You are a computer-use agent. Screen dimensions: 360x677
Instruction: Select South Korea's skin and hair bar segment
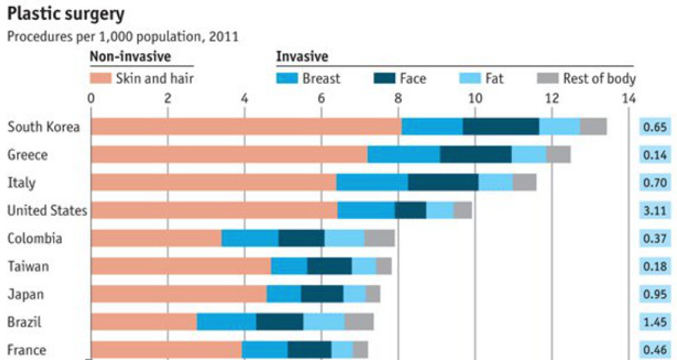tap(246, 126)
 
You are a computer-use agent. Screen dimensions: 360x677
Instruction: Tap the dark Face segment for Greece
tap(476, 154)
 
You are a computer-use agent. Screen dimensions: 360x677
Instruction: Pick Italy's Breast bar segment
tap(372, 182)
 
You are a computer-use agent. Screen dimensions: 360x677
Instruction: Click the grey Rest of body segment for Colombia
tap(379, 238)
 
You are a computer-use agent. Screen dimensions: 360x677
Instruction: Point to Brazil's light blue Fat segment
tap(323, 322)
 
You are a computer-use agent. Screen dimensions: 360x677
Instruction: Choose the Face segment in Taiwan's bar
tap(330, 266)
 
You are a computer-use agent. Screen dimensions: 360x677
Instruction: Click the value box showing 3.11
tap(654, 211)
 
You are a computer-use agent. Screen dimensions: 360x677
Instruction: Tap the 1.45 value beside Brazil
tap(654, 322)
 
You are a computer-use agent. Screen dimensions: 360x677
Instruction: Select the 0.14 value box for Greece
tap(654, 155)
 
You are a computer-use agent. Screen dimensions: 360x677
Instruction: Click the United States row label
tap(47, 211)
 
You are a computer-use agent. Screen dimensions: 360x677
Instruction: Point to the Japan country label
tap(25, 294)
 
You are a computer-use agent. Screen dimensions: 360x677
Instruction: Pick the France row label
tap(26, 350)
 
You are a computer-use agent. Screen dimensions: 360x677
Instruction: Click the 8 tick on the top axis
tap(398, 97)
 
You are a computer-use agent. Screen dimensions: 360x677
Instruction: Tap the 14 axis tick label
tap(628, 97)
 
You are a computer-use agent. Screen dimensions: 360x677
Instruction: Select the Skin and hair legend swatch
tap(100, 78)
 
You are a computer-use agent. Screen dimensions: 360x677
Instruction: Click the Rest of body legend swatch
tap(547, 78)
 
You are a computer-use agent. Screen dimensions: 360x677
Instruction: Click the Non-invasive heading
tap(131, 57)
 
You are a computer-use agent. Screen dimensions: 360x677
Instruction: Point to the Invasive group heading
tap(301, 57)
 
